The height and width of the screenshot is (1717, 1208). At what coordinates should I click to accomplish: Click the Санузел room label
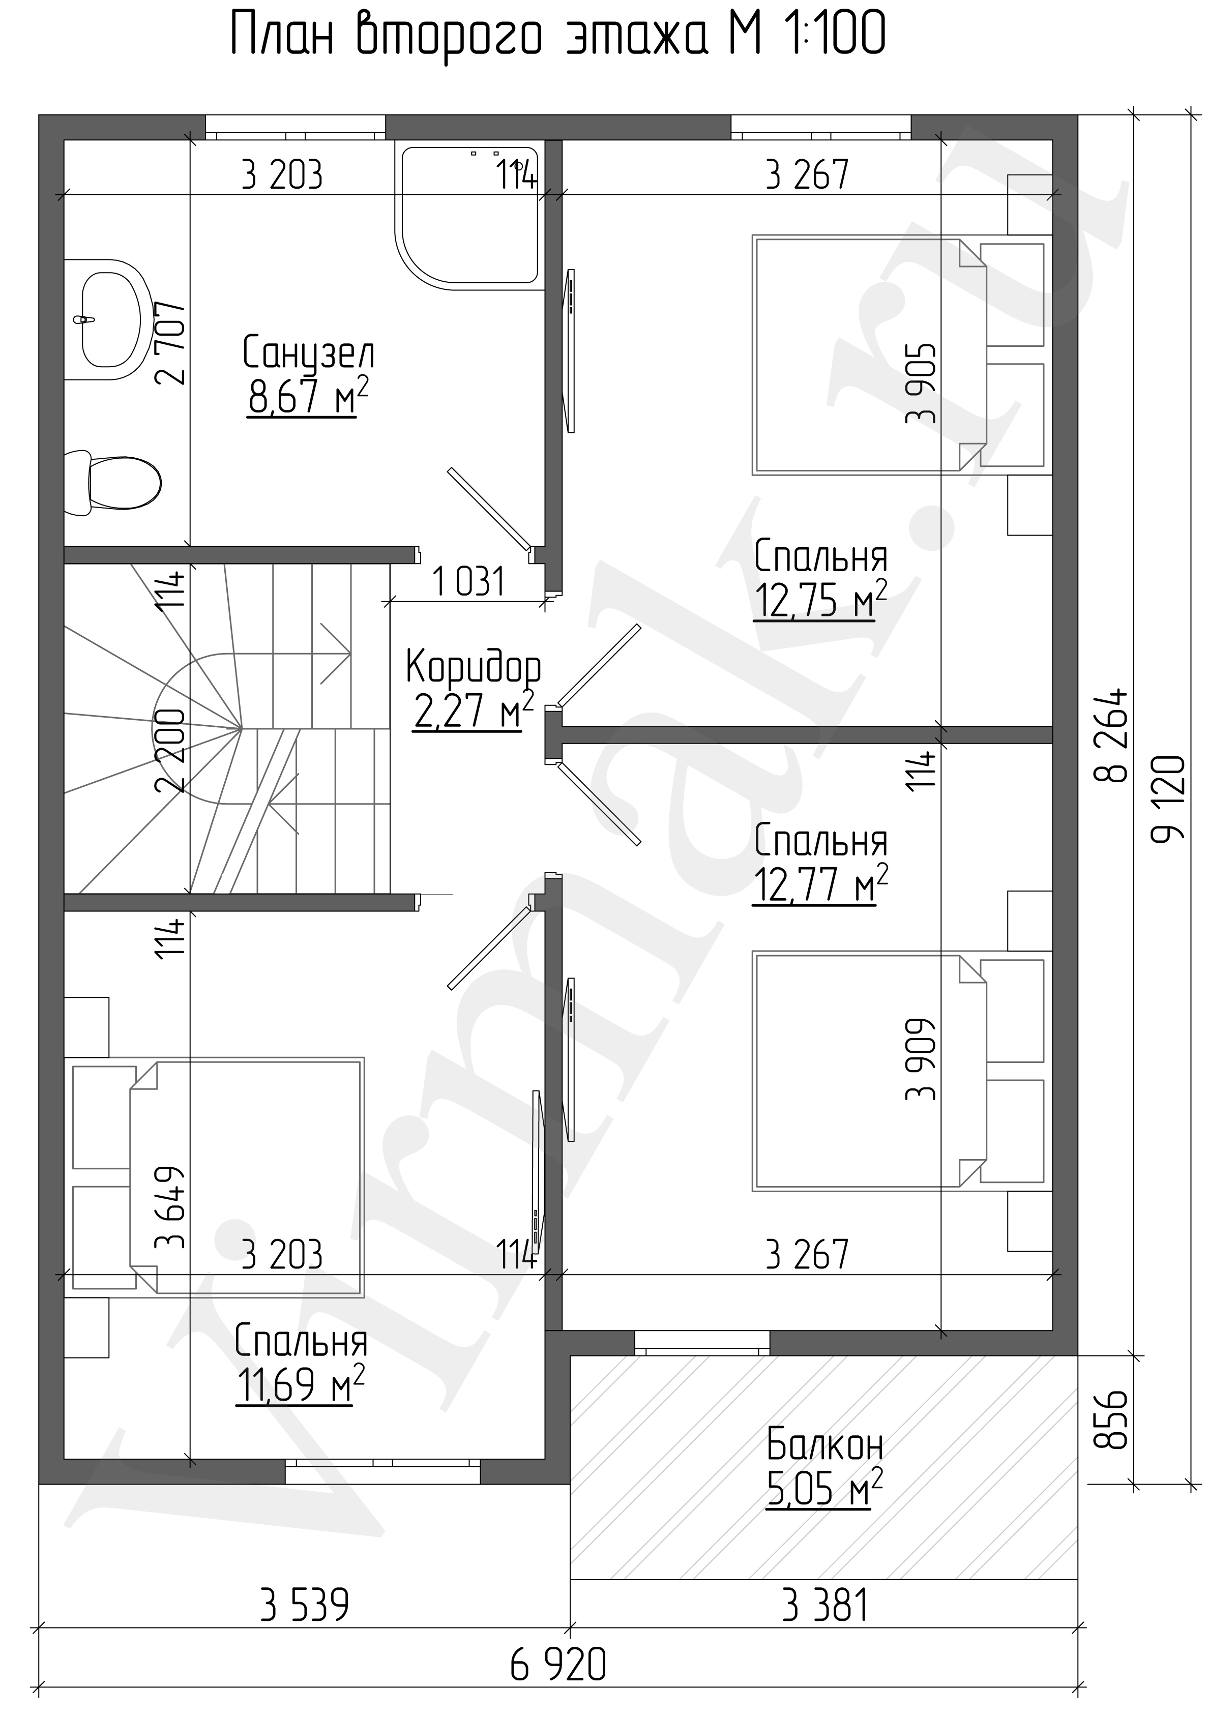pos(308,353)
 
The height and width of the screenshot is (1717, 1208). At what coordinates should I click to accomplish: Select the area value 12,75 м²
pos(820,599)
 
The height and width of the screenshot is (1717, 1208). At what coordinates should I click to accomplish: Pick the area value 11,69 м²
pos(301,1385)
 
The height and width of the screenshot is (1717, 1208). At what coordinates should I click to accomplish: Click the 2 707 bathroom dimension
pos(170,342)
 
